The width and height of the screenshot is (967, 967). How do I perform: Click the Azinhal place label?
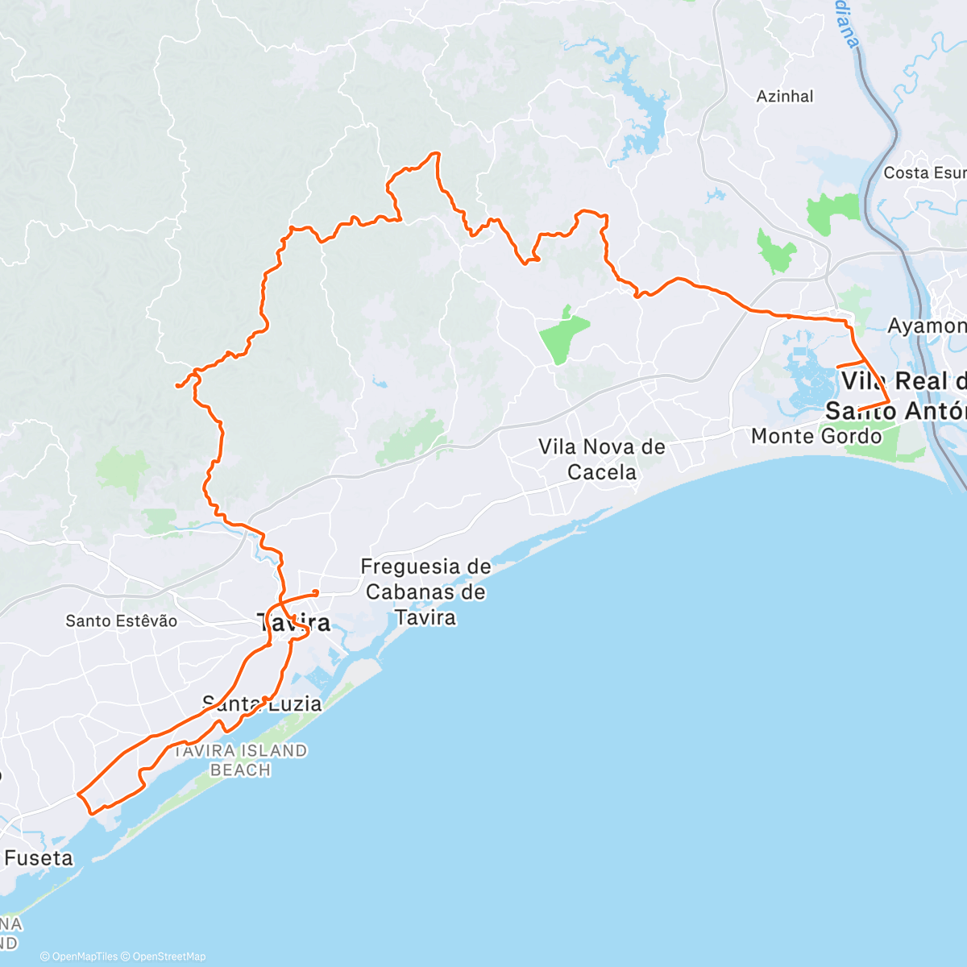pos(785,97)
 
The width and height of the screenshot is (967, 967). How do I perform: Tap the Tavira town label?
pos(294,622)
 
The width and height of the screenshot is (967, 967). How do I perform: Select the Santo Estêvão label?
pos(121,620)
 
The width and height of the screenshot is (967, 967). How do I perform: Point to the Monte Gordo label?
pos(816,436)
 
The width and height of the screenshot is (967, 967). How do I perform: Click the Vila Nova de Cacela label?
pos(602,459)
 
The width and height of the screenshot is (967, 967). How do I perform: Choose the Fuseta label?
pos(38,858)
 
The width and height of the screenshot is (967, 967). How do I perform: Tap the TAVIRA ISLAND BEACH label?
pos(240,760)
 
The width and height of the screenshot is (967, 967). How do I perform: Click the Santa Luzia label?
pos(262,703)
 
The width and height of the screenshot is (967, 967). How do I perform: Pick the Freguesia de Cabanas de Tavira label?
pos(425,592)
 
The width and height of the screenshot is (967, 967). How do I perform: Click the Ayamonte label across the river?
pos(927,326)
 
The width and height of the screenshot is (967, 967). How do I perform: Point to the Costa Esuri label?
pos(924,172)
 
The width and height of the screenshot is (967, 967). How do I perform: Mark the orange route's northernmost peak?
pos(437,152)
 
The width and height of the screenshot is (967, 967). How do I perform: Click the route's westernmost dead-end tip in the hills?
pos(176,387)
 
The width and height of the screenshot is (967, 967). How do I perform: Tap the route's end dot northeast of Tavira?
pos(316,592)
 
